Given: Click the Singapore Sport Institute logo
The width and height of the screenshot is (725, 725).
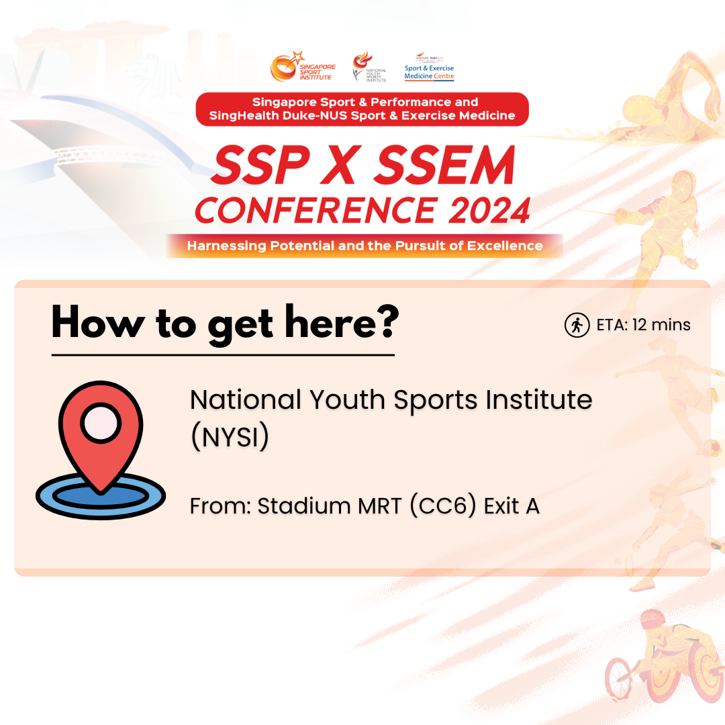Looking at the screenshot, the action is [303, 66].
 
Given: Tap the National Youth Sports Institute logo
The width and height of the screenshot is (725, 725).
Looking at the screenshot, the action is [369, 66].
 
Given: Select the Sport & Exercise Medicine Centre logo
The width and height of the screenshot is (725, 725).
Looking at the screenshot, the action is [429, 68].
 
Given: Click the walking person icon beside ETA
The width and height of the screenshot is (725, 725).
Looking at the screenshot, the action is [577, 325].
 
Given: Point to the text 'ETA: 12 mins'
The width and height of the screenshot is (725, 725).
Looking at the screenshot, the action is [643, 325].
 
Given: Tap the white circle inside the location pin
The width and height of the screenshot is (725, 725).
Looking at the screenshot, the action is [101, 423].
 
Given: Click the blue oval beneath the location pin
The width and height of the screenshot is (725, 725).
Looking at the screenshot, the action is [101, 495].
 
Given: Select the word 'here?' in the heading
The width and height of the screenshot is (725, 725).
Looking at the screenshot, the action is [342, 322].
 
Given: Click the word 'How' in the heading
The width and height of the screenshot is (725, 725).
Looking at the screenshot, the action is [98, 322].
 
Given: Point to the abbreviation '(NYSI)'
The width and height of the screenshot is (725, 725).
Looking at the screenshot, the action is [230, 436].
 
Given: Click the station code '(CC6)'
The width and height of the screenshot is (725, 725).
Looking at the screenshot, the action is [443, 505].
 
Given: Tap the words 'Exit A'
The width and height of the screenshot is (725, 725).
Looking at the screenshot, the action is [512, 506].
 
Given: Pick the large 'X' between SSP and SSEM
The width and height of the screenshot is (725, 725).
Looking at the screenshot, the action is [340, 164].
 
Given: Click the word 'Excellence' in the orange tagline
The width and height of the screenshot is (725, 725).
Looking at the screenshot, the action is [505, 246].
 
